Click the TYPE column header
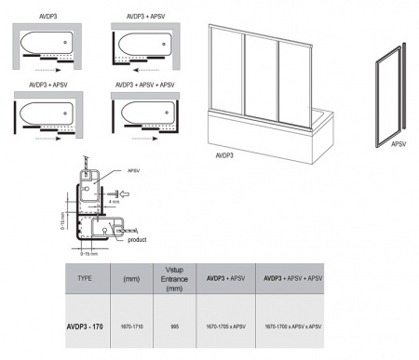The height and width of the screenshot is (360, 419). [86, 277]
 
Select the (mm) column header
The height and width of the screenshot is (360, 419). [131, 277]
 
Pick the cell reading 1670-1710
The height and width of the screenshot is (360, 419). [131, 327]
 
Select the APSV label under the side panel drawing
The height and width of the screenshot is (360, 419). [399, 144]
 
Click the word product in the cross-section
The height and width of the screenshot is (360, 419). [137, 239]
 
